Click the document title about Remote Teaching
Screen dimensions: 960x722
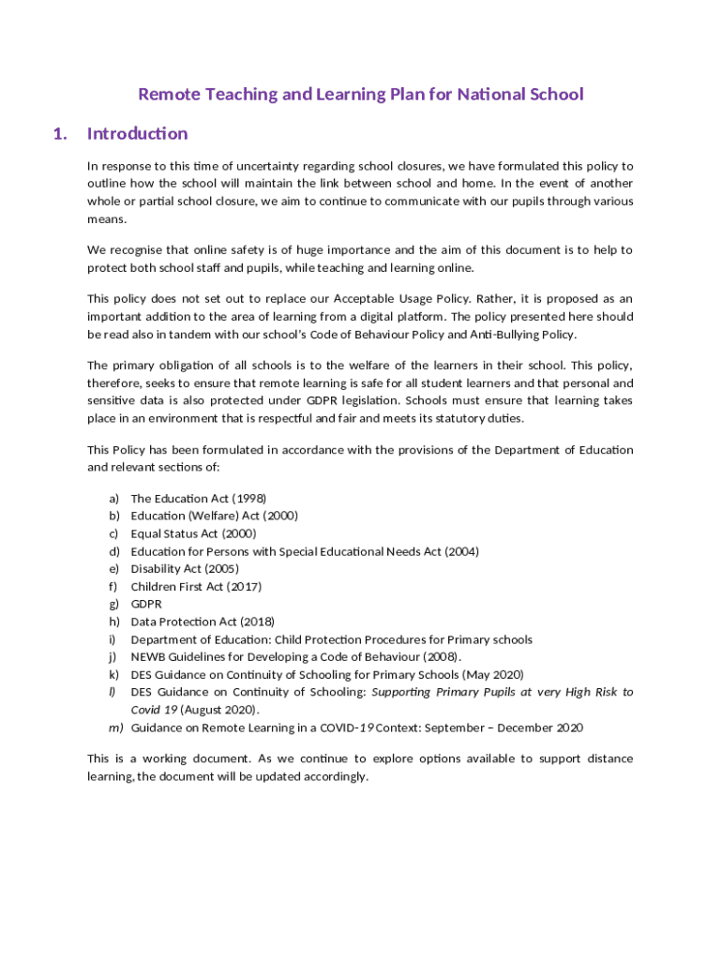coord(361,94)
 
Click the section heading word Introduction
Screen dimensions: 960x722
coord(137,133)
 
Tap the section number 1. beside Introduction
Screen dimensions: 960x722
coord(61,133)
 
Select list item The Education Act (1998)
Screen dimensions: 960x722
coord(199,498)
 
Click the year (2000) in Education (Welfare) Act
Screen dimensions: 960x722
coord(280,516)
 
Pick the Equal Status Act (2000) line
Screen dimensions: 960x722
coord(193,533)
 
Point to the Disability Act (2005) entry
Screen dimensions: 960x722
coord(185,568)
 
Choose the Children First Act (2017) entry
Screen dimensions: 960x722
coord(196,586)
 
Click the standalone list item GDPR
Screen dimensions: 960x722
coord(146,604)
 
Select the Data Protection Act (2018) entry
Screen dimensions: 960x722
coord(203,622)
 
